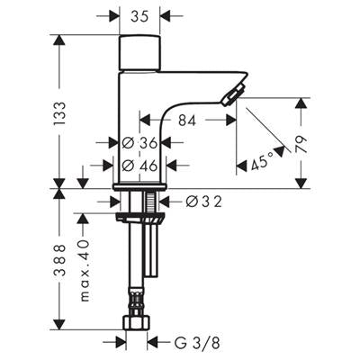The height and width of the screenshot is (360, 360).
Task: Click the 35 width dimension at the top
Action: click(139, 17)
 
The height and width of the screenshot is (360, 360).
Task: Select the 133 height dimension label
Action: click(59, 113)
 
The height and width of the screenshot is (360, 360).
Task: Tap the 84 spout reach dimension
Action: click(187, 121)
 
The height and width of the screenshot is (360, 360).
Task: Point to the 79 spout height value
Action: click(301, 145)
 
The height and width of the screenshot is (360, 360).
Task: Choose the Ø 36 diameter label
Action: click(139, 143)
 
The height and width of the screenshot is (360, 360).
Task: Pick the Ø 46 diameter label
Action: click(139, 166)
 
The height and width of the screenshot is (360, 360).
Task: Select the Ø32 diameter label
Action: click(203, 202)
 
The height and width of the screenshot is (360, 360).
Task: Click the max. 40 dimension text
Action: click(85, 270)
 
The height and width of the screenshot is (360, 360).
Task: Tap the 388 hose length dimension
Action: click(59, 259)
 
